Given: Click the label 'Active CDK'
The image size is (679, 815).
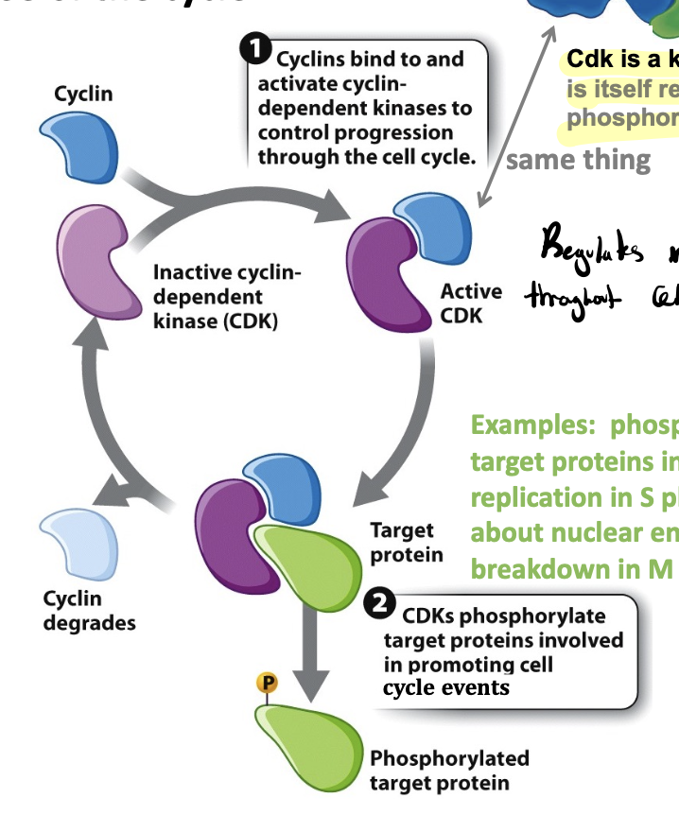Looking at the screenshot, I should click(470, 303).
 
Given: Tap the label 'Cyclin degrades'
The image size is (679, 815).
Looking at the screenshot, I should click(89, 611).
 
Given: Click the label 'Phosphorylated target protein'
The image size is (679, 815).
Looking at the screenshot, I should click(449, 771).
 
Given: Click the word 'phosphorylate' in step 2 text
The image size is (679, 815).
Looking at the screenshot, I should click(545, 616).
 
